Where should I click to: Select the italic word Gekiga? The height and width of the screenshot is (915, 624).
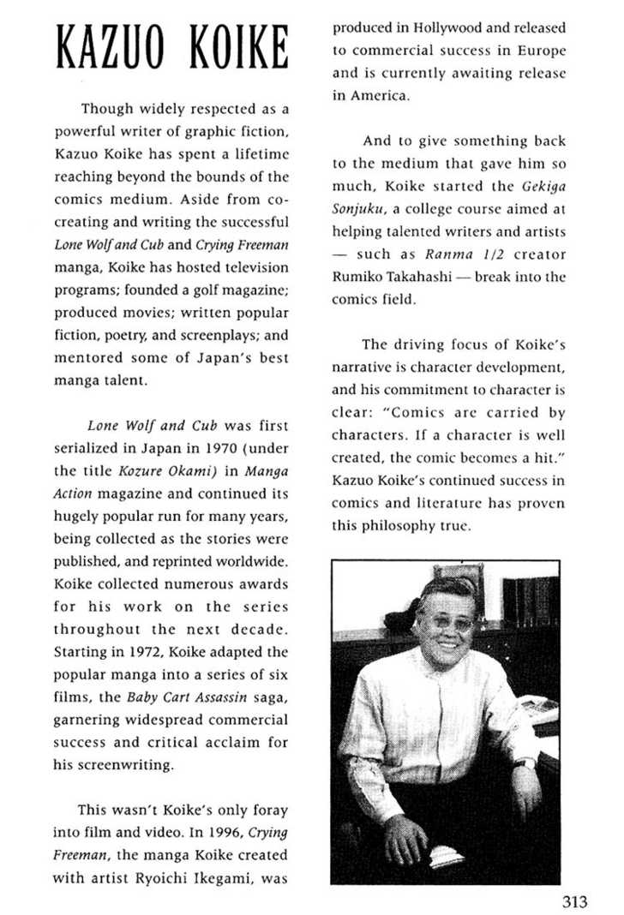544,185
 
